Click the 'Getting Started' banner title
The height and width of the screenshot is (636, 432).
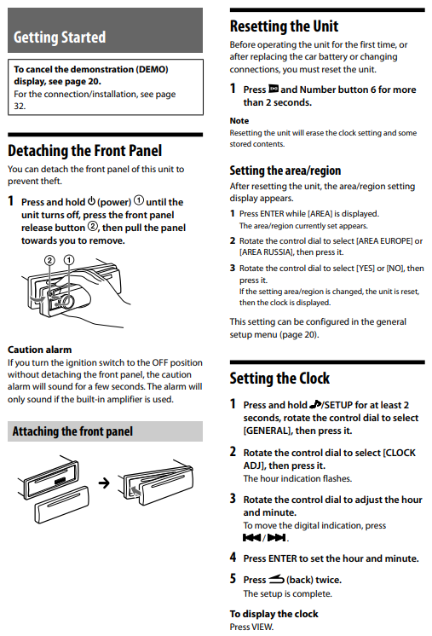pyautogui.click(x=60, y=37)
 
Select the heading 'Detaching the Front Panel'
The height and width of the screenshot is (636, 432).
pyautogui.click(x=84, y=151)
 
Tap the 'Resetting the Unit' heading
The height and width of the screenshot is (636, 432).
pyautogui.click(x=284, y=26)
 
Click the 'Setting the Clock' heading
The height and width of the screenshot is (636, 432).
pyautogui.click(x=279, y=378)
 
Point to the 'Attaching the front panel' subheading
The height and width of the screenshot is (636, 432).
pyautogui.click(x=72, y=431)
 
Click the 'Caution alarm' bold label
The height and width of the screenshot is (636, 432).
pyautogui.click(x=40, y=350)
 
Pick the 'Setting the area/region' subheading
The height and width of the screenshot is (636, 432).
pyautogui.click(x=285, y=171)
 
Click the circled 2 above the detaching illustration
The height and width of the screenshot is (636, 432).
pyautogui.click(x=49, y=260)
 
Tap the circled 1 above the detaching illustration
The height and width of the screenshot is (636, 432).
pyautogui.click(x=69, y=259)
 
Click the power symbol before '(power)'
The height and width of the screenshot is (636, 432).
pyautogui.click(x=91, y=201)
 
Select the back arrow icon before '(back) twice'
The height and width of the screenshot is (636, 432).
pyautogui.click(x=276, y=579)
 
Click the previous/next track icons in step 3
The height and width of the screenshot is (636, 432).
pyautogui.click(x=264, y=538)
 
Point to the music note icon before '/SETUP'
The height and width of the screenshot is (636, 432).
pyautogui.click(x=315, y=404)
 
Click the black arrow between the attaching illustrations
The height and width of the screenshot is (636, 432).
pyautogui.click(x=104, y=483)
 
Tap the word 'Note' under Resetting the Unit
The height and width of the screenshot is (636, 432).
pyautogui.click(x=239, y=120)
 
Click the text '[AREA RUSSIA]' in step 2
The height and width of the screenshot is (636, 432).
pyautogui.click(x=266, y=252)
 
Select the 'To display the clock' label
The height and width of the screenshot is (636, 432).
pyautogui.click(x=274, y=614)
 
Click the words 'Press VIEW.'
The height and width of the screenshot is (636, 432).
pyautogui.click(x=251, y=627)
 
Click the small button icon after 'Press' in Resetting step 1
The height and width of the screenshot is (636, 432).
pyautogui.click(x=274, y=89)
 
